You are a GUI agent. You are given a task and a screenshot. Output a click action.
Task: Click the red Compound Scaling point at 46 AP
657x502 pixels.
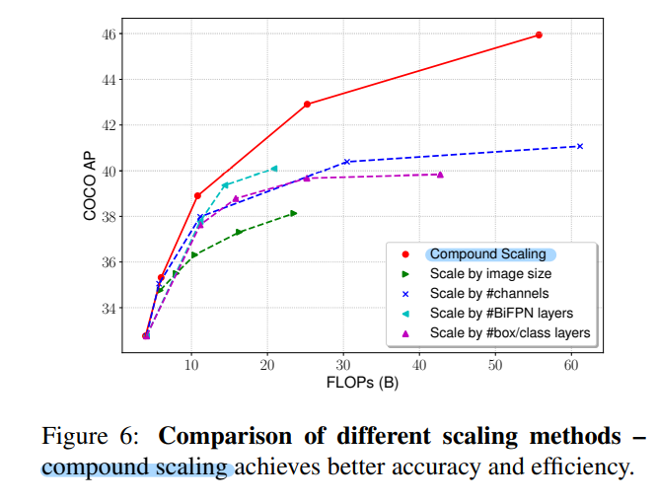[539, 35]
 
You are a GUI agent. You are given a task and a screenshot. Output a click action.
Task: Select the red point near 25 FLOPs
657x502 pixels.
[307, 104]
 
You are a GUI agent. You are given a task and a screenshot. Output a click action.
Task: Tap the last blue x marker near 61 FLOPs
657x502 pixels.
[579, 146]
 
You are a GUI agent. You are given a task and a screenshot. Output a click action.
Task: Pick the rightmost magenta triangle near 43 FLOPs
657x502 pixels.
[440, 175]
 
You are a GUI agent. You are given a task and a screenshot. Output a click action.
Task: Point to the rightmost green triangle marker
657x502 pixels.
[293, 213]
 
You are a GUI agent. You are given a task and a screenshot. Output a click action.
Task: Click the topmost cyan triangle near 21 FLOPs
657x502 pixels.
[274, 169]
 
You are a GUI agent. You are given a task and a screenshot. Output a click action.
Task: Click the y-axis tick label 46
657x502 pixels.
[109, 35]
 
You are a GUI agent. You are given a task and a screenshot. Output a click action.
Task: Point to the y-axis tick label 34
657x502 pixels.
[109, 308]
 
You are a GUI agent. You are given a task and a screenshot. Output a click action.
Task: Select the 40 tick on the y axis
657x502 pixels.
[109, 172]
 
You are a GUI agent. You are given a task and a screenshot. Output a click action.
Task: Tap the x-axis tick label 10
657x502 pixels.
[191, 365]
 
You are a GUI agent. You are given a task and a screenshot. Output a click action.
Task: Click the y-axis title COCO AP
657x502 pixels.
[90, 185]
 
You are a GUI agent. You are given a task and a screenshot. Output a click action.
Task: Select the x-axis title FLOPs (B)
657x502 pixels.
[363, 383]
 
